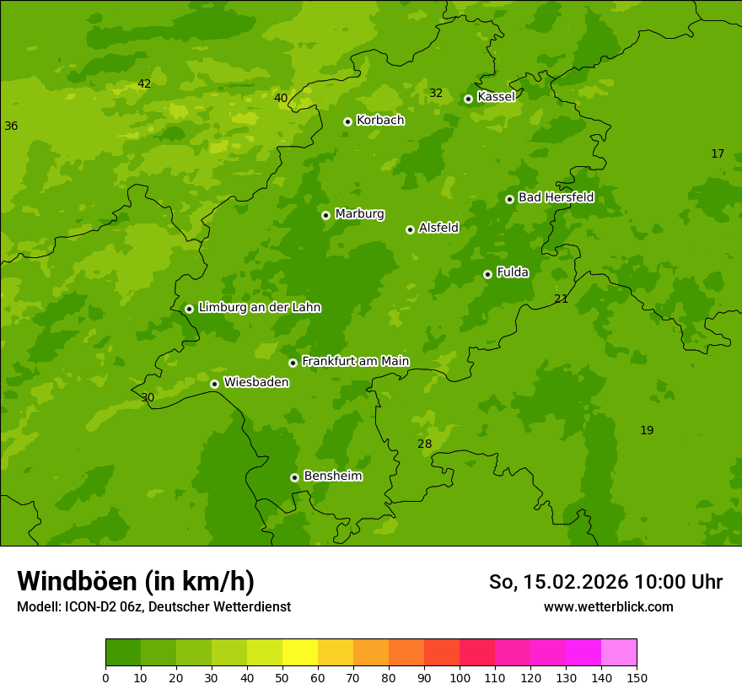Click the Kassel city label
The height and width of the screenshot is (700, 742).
click(496, 97)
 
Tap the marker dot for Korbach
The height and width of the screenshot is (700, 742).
click(347, 121)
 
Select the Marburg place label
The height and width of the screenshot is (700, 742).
click(359, 214)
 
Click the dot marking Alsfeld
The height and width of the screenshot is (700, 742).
click(410, 229)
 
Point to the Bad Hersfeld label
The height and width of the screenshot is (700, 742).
click(556, 197)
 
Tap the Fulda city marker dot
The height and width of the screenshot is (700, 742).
click(487, 274)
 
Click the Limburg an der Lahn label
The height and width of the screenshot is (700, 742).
click(259, 308)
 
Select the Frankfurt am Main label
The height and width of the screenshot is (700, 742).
click(355, 361)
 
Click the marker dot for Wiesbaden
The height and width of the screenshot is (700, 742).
click(214, 384)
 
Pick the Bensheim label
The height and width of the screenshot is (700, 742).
click(332, 477)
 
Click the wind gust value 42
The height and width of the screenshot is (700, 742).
click(144, 83)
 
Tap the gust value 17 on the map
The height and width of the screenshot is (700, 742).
click(718, 153)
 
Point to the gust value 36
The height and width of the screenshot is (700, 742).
click(11, 126)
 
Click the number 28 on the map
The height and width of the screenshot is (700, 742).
click(424, 444)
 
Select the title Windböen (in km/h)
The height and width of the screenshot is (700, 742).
click(136, 581)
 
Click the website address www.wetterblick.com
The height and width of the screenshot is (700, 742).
click(608, 606)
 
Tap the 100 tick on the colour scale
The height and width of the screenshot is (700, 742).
click(460, 677)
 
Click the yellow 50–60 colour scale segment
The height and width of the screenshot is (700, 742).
click(300, 652)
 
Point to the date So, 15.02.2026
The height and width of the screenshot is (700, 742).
click(559, 582)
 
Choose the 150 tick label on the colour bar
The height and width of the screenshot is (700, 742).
click(637, 677)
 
